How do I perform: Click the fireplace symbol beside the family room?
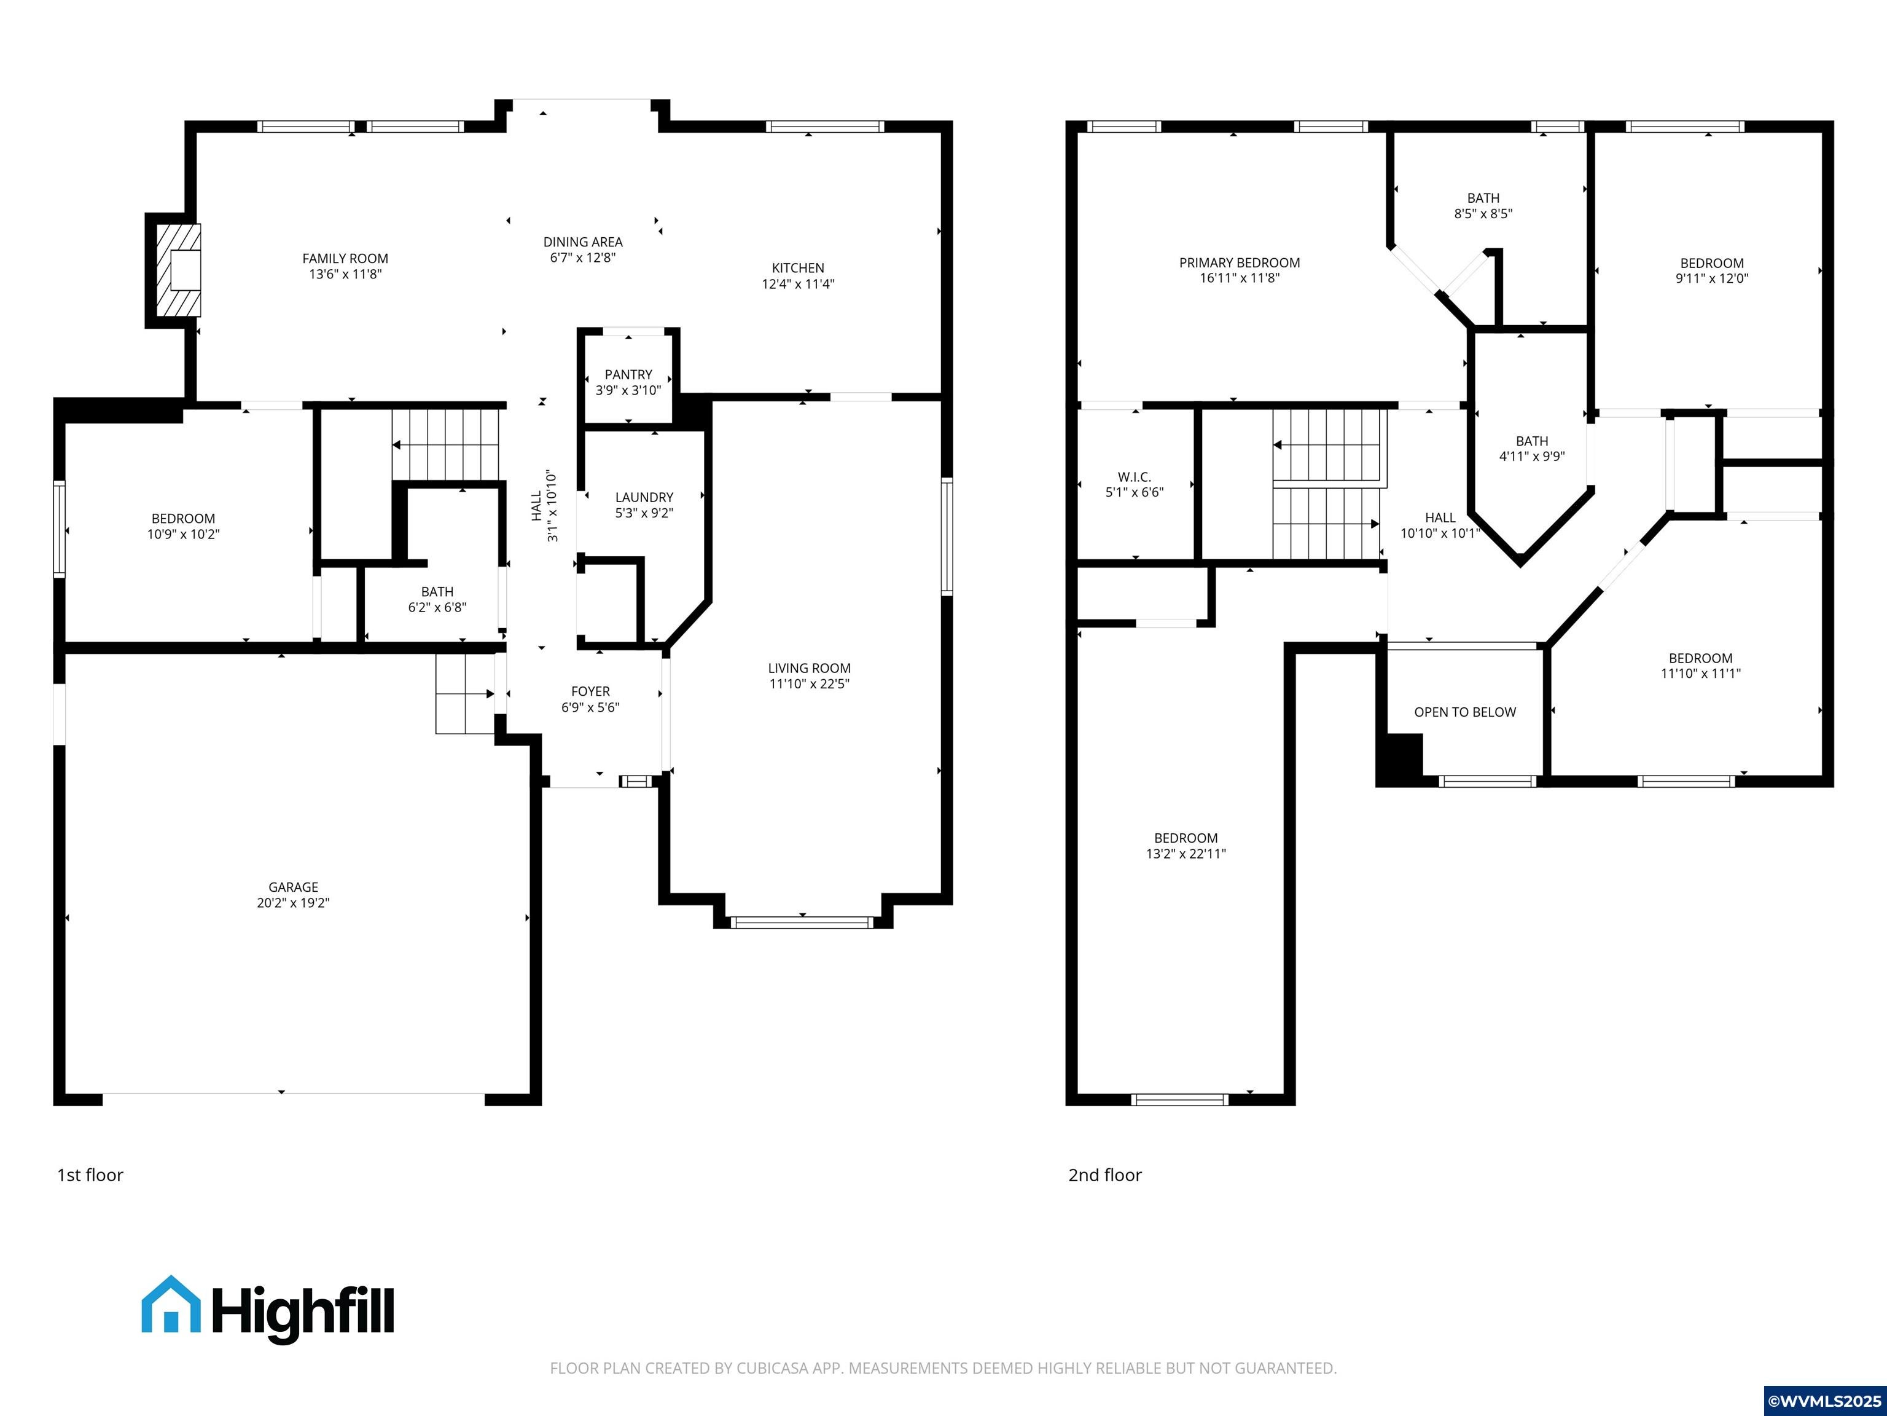click(x=178, y=270)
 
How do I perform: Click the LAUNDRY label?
click(x=644, y=497)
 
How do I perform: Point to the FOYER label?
click(x=590, y=691)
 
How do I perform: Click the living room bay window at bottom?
click(x=802, y=922)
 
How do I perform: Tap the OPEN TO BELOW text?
click(x=1465, y=712)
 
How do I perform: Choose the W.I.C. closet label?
click(x=1134, y=477)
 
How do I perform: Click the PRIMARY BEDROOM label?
click(x=1240, y=263)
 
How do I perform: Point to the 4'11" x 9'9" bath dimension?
click(x=1531, y=457)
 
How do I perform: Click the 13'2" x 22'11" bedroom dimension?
click(x=1186, y=854)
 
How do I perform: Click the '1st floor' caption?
click(x=90, y=1175)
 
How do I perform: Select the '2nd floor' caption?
click(x=1104, y=1175)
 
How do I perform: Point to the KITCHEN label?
click(x=798, y=268)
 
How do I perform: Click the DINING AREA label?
click(x=583, y=242)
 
